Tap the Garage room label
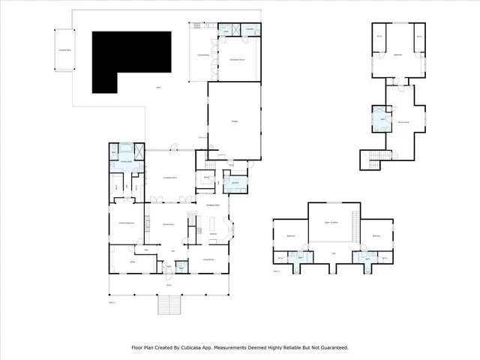(234, 121)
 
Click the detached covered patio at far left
(66, 49)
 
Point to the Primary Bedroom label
(127, 223)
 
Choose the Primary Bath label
(127, 160)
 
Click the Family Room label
(169, 223)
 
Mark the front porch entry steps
(169, 306)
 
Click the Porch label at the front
(169, 285)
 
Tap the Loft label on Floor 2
(334, 253)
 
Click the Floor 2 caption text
(277, 270)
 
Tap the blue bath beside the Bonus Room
(382, 120)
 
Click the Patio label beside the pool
(158, 88)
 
